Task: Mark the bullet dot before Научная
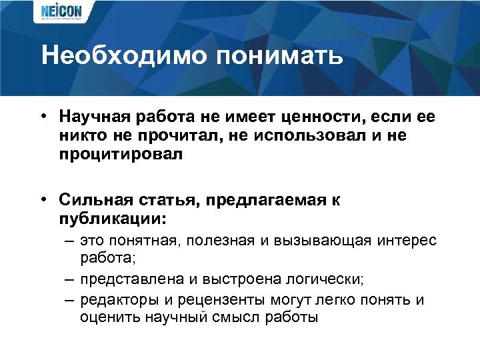[42, 117]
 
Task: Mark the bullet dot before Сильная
[42, 200]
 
